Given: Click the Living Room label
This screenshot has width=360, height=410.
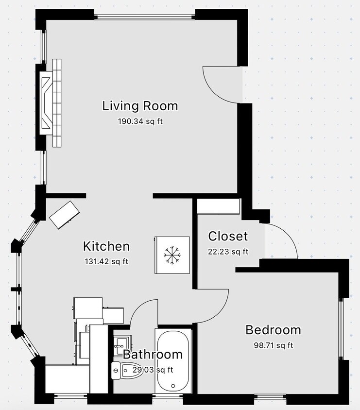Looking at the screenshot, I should [140, 106].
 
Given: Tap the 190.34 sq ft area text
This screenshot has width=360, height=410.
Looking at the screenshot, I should [140, 121].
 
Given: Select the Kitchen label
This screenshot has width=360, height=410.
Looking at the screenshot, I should [106, 246].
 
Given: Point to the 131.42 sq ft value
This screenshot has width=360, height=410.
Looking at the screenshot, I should [106, 261].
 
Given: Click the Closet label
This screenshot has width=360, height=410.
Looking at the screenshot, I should [228, 237].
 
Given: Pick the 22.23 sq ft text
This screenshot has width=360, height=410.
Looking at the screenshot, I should [228, 252].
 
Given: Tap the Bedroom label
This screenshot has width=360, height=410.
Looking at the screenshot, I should [273, 330].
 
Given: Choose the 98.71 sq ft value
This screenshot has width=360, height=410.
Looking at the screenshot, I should [273, 345].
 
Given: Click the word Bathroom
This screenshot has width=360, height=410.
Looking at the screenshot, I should [153, 355].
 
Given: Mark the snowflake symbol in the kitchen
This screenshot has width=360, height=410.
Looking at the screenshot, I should [171, 255].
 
